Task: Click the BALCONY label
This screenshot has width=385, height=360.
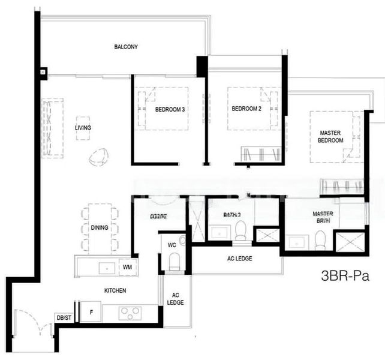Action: click(x=126, y=46)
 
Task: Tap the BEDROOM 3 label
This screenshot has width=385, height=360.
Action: click(x=170, y=110)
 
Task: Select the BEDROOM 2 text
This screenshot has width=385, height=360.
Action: click(x=246, y=109)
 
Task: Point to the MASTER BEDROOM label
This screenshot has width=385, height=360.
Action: click(x=330, y=136)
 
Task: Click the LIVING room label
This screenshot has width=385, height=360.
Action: click(x=83, y=128)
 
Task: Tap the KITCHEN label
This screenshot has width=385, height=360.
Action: click(x=115, y=290)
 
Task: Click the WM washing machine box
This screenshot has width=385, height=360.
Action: click(x=127, y=266)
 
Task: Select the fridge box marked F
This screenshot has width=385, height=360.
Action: click(x=91, y=313)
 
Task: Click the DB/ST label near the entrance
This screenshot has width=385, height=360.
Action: click(x=63, y=317)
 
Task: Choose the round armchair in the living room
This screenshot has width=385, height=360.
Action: click(x=99, y=157)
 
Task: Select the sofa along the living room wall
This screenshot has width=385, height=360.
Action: click(x=52, y=128)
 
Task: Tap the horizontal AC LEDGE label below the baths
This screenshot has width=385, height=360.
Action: click(x=240, y=259)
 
